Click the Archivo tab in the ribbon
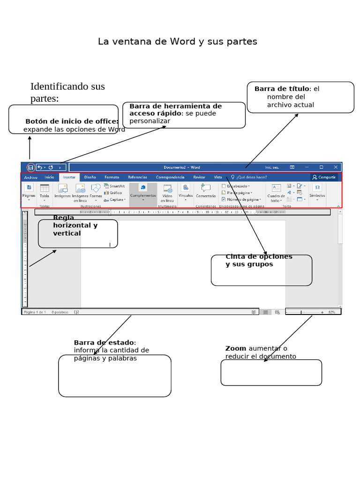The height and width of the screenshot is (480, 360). point(30,178)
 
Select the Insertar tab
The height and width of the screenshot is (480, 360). point(69,178)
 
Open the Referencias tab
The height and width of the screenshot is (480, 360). point(137,178)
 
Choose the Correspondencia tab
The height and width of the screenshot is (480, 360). point(170,178)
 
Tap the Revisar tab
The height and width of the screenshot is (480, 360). point(199,178)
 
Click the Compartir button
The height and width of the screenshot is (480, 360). point(324,178)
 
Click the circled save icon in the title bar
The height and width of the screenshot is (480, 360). point(30,167)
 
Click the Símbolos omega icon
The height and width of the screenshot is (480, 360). point(317,188)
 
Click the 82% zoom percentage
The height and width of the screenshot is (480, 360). point(332,312)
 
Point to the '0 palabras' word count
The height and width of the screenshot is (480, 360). point(60,312)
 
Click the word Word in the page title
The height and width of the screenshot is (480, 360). point(182,42)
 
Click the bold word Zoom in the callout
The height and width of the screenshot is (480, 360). point(236,348)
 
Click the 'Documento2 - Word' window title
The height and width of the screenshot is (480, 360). point(182,167)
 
